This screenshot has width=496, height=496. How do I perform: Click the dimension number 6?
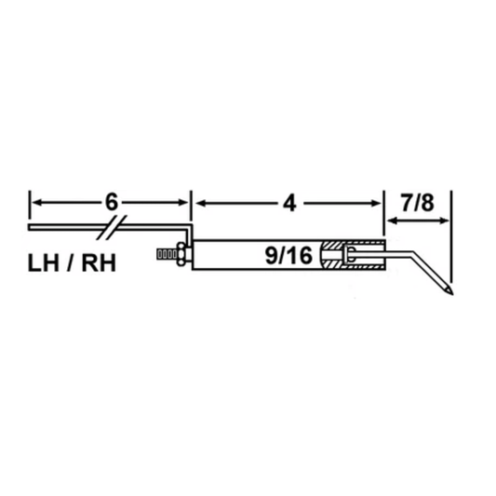112,202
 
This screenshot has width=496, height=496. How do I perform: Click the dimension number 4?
289,204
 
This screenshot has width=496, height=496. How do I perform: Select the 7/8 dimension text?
418,203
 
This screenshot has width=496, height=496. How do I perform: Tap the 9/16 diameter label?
288,256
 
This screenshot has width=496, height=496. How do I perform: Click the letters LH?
44,263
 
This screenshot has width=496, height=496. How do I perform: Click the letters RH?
99,263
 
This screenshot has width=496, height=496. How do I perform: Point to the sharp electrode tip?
452,293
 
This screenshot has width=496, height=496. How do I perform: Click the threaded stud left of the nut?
167,255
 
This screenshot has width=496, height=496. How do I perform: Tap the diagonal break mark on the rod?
112,227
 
